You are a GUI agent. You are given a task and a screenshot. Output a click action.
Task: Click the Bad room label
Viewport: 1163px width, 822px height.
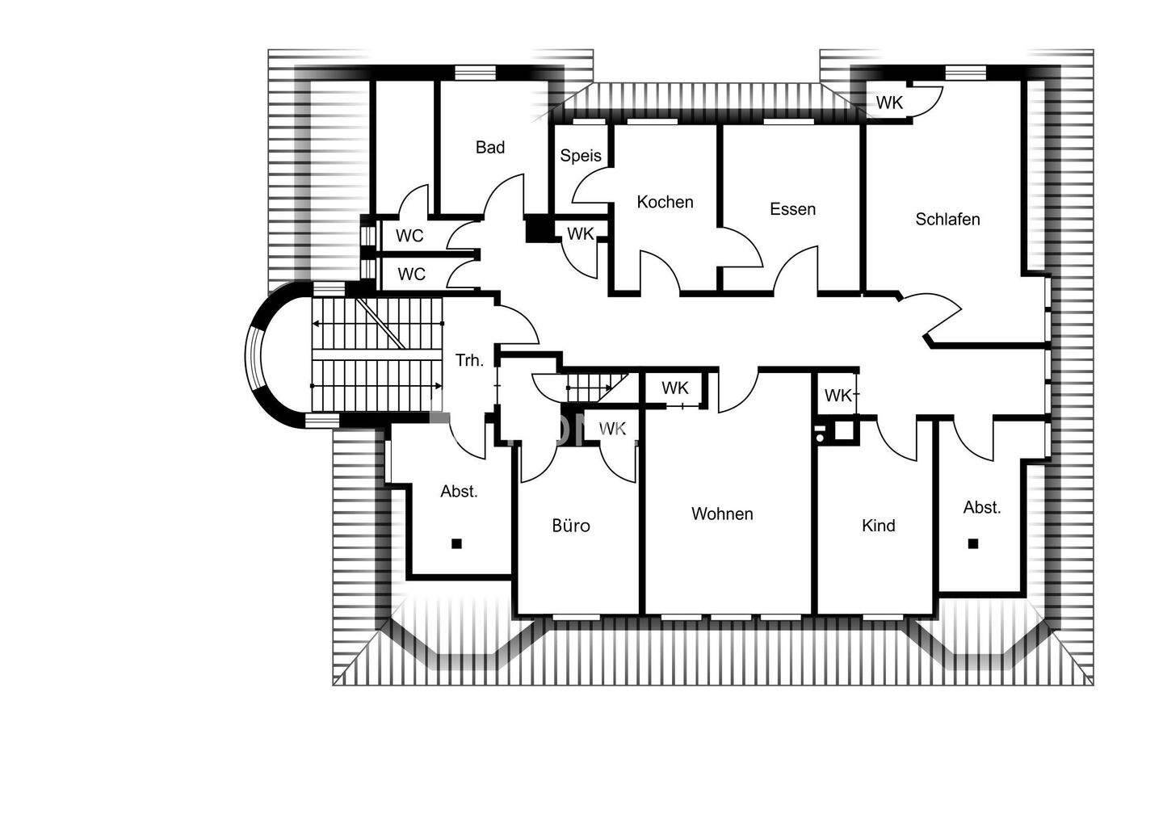(489, 147)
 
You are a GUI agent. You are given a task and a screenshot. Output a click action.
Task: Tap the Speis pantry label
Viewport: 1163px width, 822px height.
(581, 156)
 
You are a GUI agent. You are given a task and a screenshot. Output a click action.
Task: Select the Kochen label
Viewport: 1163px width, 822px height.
(665, 202)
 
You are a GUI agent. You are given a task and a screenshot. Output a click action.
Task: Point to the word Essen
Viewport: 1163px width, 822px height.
(792, 209)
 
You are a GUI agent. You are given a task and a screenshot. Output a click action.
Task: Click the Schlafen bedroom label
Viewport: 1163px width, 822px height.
(947, 219)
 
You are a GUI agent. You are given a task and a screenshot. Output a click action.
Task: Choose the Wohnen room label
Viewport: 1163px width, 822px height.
(722, 514)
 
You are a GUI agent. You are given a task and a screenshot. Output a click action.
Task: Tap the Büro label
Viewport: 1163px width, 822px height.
(571, 526)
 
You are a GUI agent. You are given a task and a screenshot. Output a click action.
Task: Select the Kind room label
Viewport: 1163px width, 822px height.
(878, 526)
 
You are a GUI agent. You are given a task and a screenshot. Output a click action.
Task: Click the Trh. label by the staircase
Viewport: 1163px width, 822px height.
(469, 360)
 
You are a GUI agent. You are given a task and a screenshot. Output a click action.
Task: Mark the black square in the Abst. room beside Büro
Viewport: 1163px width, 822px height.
(456, 543)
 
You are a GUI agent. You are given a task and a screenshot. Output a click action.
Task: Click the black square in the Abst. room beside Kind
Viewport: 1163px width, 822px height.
(973, 543)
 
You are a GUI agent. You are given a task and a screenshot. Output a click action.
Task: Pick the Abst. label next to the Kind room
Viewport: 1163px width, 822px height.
(982, 508)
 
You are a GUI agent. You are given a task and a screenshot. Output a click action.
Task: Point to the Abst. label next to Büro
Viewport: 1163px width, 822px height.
(459, 491)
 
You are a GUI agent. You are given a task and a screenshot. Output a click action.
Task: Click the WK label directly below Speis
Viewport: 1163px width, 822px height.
(581, 234)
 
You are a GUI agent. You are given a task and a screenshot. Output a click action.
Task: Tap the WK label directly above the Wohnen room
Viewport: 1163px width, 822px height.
(675, 388)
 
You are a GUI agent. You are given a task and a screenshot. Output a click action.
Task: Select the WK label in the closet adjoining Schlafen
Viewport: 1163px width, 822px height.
(889, 103)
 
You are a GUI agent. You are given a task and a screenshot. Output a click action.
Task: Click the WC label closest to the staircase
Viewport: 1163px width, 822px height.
(411, 275)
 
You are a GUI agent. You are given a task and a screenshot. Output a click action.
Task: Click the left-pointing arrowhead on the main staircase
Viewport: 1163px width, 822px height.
(315, 324)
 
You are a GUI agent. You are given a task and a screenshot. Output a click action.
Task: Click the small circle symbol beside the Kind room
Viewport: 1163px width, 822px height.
(821, 436)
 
